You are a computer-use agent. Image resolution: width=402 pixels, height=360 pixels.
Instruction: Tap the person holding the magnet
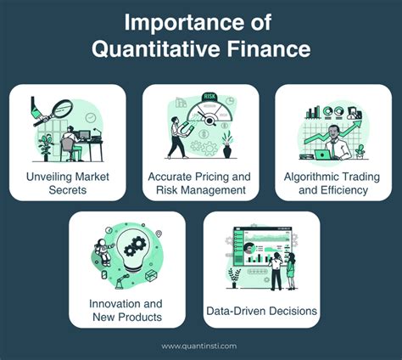pos(177,137)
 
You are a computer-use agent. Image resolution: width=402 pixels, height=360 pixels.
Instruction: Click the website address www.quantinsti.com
pos(201,346)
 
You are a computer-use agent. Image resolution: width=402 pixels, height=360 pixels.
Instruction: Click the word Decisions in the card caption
pos(291,312)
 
